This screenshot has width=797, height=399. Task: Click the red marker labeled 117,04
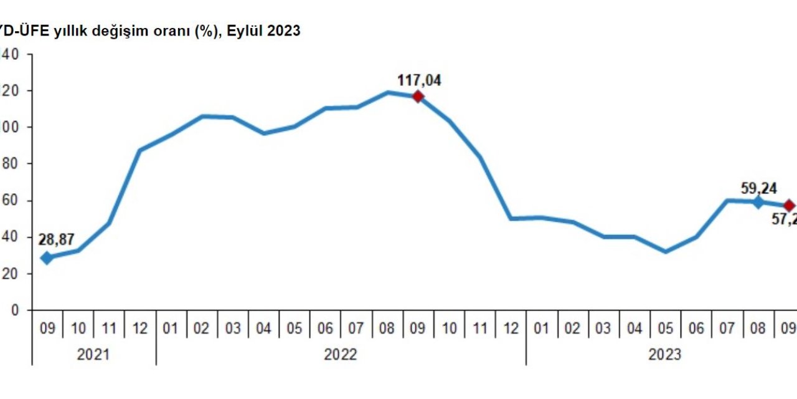point(418,96)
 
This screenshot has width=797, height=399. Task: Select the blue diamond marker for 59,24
point(758,202)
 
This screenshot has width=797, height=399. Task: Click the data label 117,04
point(419,80)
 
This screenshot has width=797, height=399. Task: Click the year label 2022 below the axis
point(341,355)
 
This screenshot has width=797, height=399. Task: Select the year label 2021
point(93,355)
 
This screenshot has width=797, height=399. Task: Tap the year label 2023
point(664,355)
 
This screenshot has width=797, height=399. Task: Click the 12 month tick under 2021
point(140,328)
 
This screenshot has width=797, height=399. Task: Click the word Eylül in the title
point(250,31)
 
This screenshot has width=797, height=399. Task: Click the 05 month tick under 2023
point(665,328)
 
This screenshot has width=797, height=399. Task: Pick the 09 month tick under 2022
point(418,328)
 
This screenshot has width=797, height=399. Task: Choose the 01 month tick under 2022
point(171,328)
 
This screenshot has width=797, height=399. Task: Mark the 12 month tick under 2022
point(511,328)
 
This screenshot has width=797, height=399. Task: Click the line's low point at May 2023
point(665,252)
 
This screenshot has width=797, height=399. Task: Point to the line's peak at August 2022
point(387,92)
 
